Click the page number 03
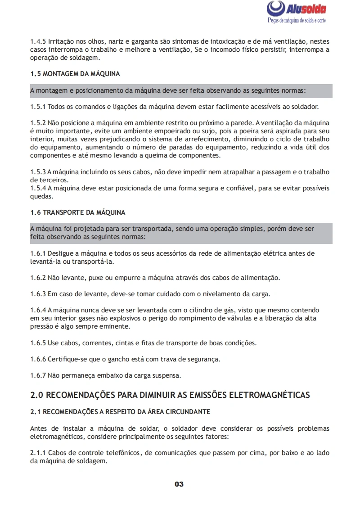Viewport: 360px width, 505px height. point(179,484)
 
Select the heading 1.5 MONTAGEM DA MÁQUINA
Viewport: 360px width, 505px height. point(75,74)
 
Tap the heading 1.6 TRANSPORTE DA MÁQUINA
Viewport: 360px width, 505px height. point(78,212)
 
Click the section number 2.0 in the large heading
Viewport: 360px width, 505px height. point(36,395)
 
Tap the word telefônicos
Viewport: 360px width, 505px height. point(121,453)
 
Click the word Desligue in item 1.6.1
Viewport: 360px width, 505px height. point(60,253)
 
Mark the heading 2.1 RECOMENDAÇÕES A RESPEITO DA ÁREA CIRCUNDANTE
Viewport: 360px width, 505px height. point(120,412)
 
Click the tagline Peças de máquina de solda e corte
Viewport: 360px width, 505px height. point(297,21)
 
